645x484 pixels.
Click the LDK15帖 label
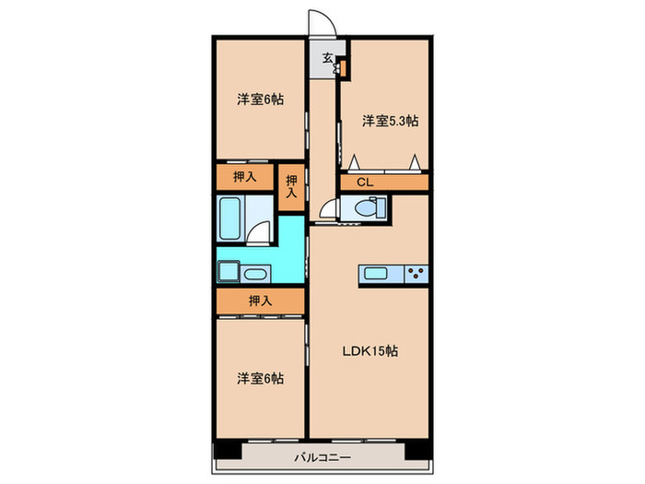tap(372, 351)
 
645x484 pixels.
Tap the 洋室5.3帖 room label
tap(390, 120)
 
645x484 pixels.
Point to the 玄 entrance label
tap(327, 58)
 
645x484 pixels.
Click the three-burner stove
tap(415, 272)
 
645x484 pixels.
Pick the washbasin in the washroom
tap(255, 273)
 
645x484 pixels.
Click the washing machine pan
tap(228, 272)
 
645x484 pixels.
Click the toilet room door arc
tap(329, 208)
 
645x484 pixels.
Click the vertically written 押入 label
tap(291, 187)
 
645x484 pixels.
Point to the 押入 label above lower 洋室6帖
tap(260, 301)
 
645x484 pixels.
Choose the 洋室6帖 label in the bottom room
tap(259, 378)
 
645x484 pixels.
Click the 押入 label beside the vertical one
tap(244, 175)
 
